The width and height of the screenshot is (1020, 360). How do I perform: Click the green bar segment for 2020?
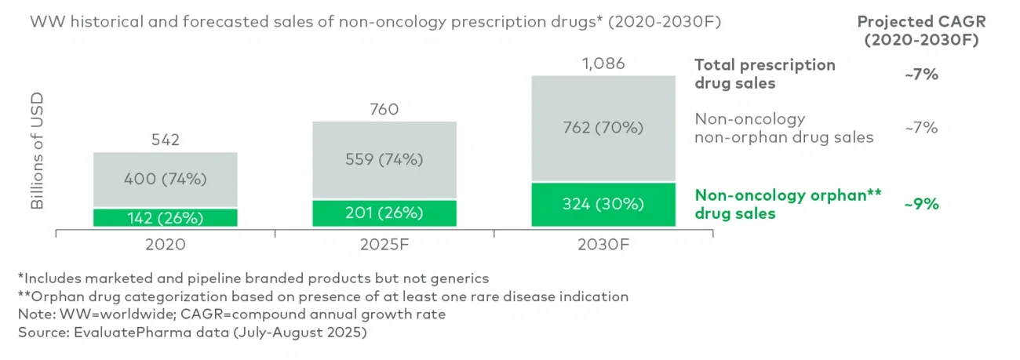click(x=165, y=217)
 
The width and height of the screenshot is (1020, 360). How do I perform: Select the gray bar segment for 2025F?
click(x=384, y=160)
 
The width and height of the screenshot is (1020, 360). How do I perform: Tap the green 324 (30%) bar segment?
click(x=603, y=205)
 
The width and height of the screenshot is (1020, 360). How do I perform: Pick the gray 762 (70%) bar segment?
click(x=603, y=129)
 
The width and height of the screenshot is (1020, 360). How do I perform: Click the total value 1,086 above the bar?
click(x=603, y=64)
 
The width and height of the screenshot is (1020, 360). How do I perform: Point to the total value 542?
click(x=165, y=140)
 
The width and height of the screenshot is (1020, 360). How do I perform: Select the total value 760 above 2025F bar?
click(x=384, y=109)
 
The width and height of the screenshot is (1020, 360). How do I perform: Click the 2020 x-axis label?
click(x=165, y=244)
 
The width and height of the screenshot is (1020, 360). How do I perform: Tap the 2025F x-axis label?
click(x=384, y=244)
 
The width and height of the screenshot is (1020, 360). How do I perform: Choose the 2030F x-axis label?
click(x=603, y=244)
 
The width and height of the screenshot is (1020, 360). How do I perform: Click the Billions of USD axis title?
click(x=37, y=151)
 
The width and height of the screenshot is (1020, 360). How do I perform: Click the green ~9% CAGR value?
click(x=920, y=204)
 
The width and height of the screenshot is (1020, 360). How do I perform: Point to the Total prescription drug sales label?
click(x=765, y=74)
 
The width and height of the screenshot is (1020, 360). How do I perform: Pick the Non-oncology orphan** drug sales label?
click(x=789, y=205)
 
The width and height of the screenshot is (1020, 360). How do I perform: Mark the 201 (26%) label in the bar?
click(x=384, y=213)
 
